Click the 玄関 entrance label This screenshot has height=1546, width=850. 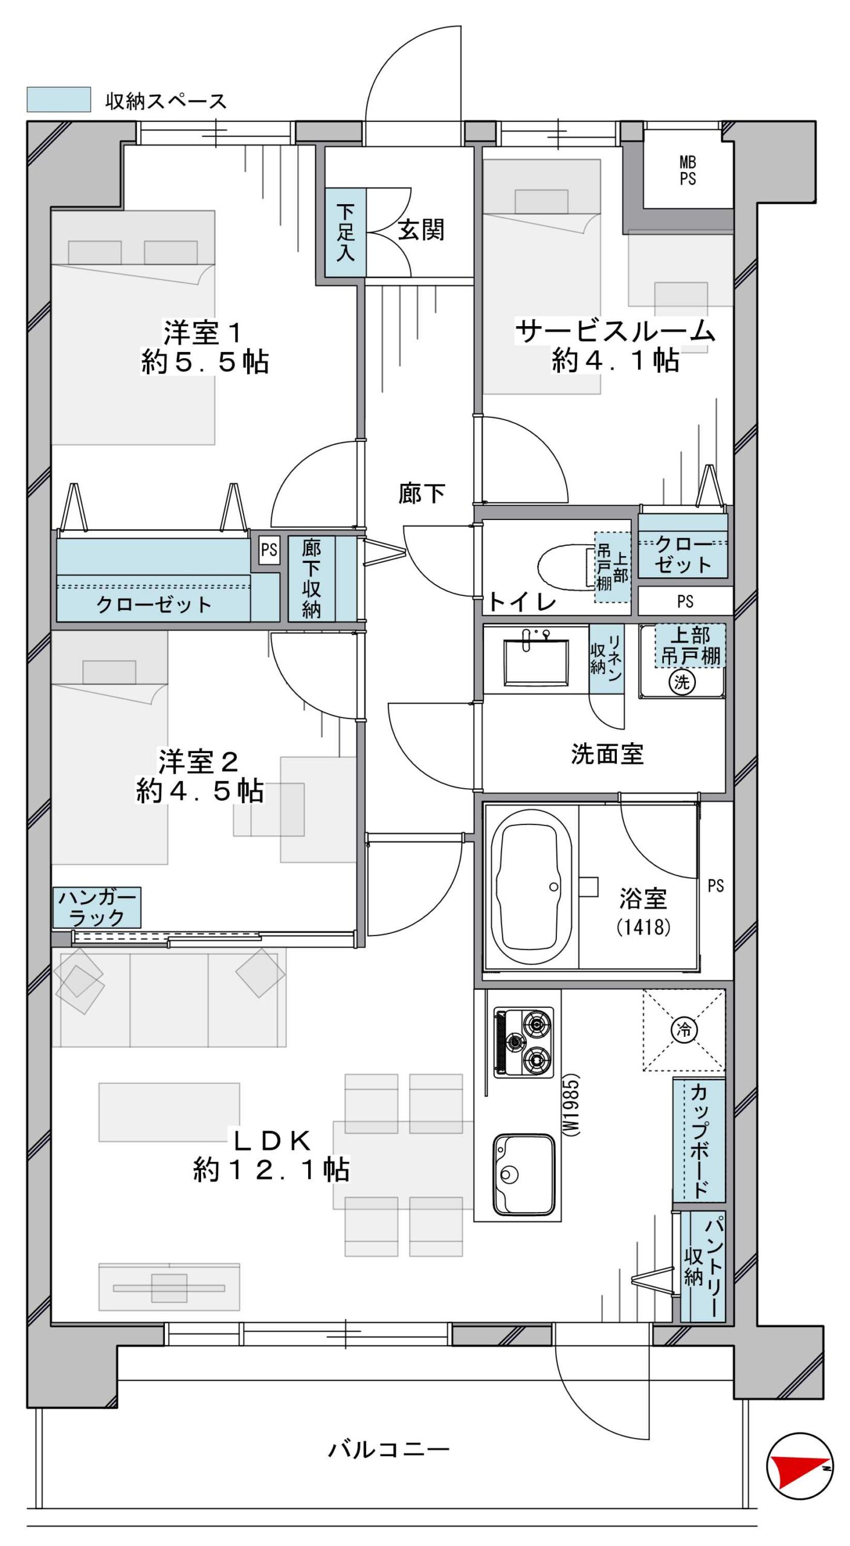[421, 230]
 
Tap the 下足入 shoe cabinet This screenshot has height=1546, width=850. [346, 233]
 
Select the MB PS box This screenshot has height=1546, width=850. [687, 171]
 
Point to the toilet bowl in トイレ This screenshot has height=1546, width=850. [564, 566]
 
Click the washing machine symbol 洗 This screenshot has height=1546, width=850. [682, 682]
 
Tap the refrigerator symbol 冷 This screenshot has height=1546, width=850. [684, 1029]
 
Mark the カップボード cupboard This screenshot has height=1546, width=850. [699, 1140]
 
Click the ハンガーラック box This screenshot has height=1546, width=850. [97, 907]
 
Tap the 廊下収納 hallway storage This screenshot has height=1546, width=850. [321, 579]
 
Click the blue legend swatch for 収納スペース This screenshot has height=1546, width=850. [59, 100]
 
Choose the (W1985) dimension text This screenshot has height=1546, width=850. [570, 1105]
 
